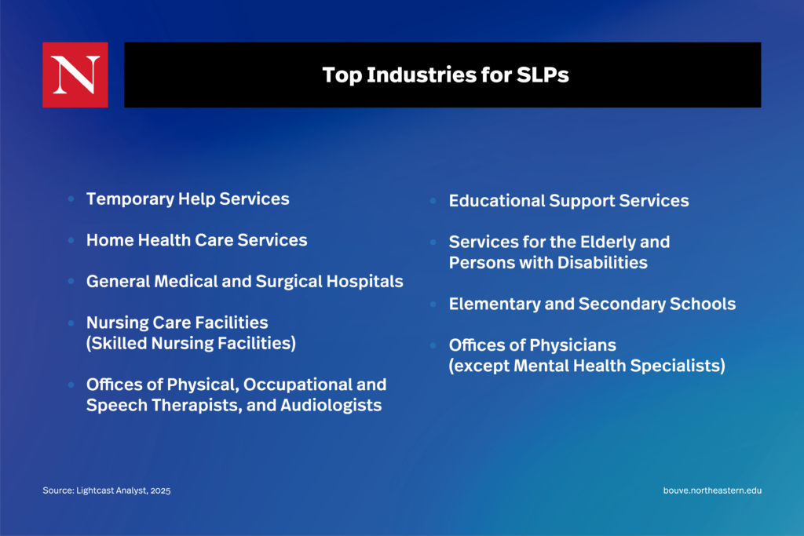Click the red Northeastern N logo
75,75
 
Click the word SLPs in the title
543,75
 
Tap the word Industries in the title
422,75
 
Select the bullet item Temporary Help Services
188,199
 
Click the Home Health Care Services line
197,240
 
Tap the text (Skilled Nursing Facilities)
192,343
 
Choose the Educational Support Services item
568,201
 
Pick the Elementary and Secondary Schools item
592,304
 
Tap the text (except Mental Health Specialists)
587,366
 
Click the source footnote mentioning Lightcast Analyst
107,490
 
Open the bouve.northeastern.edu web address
712,490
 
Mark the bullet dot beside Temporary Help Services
71,199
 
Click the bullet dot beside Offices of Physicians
433,345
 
